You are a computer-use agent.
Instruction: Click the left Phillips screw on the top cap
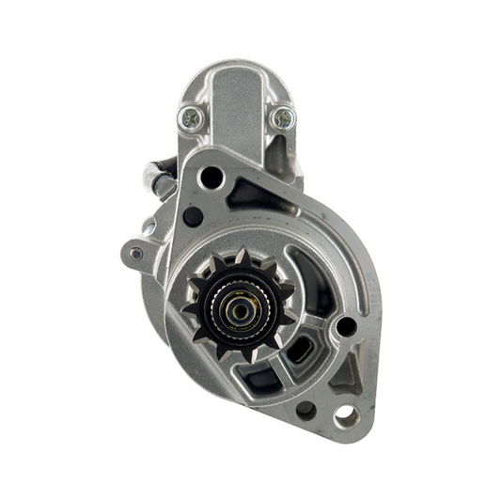coord(191,117)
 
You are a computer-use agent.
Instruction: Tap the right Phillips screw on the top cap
coord(281,117)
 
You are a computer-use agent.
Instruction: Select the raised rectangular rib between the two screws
coord(236,103)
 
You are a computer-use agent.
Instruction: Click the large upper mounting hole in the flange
coord(212,178)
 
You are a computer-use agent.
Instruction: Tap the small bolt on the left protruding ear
coord(136,253)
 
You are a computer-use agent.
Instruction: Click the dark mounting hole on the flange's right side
coord(346,326)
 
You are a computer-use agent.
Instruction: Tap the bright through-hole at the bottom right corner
coord(345,414)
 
